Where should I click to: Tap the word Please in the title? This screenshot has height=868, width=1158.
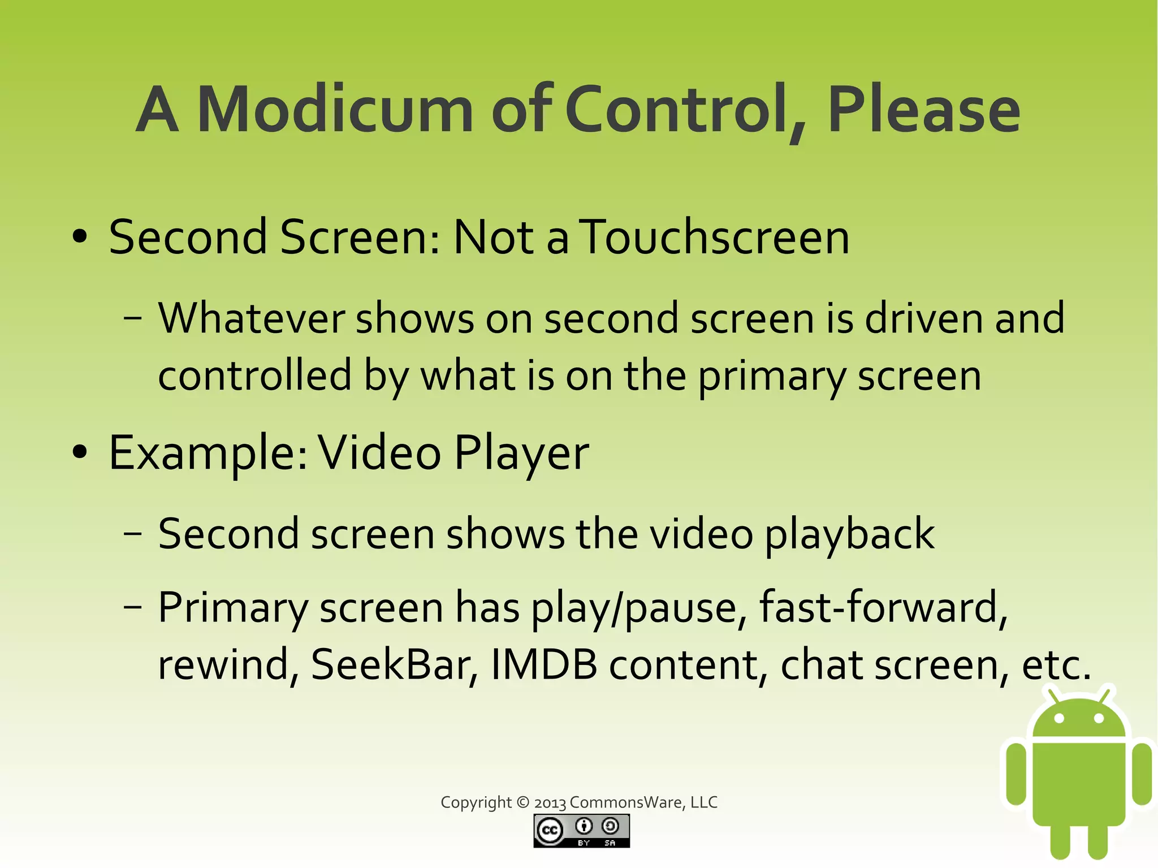[923, 111]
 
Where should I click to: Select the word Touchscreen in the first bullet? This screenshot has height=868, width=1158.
[716, 237]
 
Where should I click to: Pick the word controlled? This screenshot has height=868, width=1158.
[254, 375]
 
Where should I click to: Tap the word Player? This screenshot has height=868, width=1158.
[521, 454]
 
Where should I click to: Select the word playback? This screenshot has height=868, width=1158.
[849, 534]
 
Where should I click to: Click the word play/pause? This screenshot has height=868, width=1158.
[634, 608]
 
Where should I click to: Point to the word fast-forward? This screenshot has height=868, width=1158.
[883, 607]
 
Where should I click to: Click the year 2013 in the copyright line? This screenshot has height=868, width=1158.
[550, 803]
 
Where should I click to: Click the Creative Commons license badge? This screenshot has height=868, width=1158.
[581, 831]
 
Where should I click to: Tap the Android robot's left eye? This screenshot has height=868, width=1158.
[1060, 719]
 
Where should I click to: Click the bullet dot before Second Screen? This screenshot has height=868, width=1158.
[80, 237]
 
